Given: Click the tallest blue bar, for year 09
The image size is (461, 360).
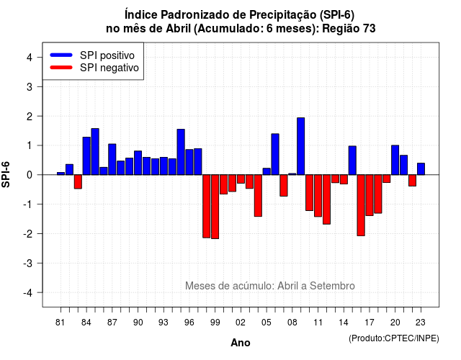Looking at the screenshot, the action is click(301, 146).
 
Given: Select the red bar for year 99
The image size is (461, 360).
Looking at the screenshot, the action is click(215, 207).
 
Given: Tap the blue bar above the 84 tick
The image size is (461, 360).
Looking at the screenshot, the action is click(86, 156).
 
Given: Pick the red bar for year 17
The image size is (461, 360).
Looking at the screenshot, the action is click(370, 195).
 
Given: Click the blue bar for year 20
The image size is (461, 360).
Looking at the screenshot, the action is click(395, 160).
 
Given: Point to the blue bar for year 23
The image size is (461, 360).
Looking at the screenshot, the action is click(421, 169).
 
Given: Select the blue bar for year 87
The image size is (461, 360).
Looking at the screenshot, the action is click(112, 159).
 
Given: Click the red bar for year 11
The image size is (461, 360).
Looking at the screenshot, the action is click(318, 196).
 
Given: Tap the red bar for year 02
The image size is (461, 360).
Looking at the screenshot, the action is click(241, 179).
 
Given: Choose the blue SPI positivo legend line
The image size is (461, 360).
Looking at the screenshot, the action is click(61, 55).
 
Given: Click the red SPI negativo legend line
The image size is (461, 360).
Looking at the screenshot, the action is click(61, 67).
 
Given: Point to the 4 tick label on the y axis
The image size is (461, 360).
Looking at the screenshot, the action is click(30, 58).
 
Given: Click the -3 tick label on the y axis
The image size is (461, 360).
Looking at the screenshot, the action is click(28, 263).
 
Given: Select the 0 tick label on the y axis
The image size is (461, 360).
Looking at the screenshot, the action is click(30, 175).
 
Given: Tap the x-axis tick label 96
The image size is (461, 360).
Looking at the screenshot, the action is click(189, 323).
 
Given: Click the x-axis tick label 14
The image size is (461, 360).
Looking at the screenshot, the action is click(344, 323).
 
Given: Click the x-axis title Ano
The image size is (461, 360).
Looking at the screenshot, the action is click(241, 343).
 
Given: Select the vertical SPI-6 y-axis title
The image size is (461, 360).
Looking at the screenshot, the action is click(6, 174).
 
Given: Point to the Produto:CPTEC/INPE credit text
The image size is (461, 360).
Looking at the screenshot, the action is click(394, 338).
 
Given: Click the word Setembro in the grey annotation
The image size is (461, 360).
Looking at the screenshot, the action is click(332, 286).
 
